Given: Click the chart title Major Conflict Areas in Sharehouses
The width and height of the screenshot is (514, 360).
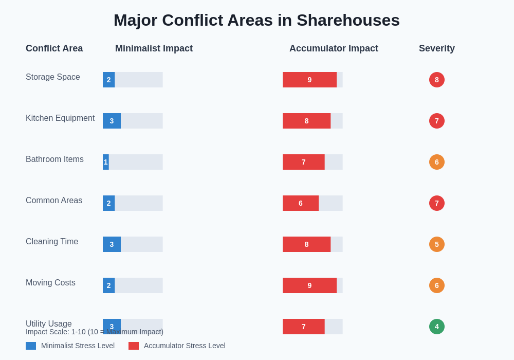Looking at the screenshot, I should pos(256,20).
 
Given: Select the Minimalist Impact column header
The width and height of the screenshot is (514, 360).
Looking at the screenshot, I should pos(154,48).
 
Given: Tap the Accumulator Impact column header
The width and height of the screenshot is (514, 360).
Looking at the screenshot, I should pos(334,48).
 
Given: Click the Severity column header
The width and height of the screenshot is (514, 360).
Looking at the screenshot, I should pos(436,48).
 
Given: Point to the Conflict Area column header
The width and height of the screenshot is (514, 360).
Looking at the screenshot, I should pos(54,48).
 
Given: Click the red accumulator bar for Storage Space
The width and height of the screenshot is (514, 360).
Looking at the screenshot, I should pos(309,80).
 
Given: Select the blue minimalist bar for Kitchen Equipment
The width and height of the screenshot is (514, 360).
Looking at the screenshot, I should pos(112,121).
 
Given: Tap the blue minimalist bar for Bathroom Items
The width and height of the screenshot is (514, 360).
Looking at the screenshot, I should pos(106,162).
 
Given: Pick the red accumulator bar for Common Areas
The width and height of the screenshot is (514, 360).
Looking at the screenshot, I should pos(301,203).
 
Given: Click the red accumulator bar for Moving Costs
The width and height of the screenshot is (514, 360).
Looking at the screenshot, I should pos(309,285).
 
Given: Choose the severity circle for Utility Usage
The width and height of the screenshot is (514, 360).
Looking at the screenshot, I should pos(437,327).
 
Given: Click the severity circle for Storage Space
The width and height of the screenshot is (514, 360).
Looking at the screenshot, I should pos(437,80).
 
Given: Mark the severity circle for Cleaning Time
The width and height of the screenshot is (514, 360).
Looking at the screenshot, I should pos(437,244).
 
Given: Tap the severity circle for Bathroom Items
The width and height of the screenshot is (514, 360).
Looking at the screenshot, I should pos(437,162).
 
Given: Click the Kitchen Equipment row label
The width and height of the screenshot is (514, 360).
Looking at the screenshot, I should pos(60,118).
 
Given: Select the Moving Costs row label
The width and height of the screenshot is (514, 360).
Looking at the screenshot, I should pos(50,283).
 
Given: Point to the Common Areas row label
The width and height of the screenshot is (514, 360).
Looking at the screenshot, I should pos(54,201).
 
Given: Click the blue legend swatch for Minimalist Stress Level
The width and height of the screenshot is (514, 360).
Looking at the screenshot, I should pos(31,346).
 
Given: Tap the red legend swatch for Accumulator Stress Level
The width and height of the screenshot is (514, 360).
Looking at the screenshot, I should pos(134,346).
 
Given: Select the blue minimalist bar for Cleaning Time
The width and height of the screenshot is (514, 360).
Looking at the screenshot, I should pos(112,244).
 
